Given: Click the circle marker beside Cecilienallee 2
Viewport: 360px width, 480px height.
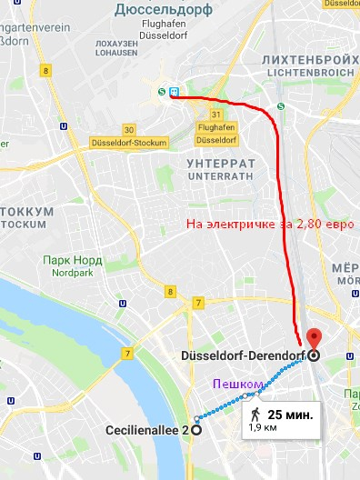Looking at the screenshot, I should point(197,430).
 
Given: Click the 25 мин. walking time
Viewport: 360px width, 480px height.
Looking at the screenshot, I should point(290,415).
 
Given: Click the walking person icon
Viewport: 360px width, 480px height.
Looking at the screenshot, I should point(255,414).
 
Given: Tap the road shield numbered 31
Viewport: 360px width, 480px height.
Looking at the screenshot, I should point(215,115).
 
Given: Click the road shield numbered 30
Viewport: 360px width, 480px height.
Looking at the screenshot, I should point(129,129).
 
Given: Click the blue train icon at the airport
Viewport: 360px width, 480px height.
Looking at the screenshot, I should point(172,91).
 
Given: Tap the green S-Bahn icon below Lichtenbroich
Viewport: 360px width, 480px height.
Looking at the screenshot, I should point(281,105).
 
